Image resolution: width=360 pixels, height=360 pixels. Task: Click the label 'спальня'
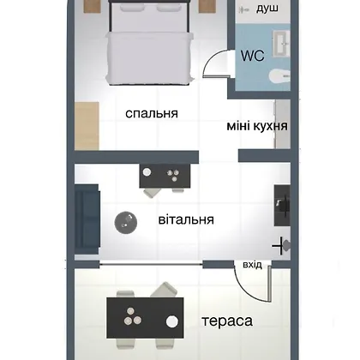point(152,114)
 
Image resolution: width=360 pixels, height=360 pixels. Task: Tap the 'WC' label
point(253,56)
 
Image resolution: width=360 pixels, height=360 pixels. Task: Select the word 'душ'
point(267,9)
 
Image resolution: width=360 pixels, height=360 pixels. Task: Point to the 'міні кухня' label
point(257,126)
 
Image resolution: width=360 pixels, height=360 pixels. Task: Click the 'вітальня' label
point(186,220)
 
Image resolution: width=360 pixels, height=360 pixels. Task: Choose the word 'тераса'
point(227,321)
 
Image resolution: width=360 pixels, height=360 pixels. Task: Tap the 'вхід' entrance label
point(252,265)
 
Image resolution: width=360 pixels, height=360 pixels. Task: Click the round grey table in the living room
point(126,223)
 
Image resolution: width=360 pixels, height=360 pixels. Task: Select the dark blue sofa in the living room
point(87,219)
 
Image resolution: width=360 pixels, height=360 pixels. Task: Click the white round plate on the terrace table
point(172,321)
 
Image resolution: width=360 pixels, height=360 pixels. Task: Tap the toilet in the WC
point(279,76)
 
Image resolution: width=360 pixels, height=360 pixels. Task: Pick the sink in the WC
point(281,44)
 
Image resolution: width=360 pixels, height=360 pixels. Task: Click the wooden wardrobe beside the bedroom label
point(87,126)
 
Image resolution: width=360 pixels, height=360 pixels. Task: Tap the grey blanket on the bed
point(149,58)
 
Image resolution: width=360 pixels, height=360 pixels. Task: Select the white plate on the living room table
point(147,172)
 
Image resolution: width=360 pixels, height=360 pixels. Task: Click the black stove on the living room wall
point(282,206)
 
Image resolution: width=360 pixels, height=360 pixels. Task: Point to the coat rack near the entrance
point(282,245)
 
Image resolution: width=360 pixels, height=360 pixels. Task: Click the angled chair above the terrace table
point(164,290)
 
